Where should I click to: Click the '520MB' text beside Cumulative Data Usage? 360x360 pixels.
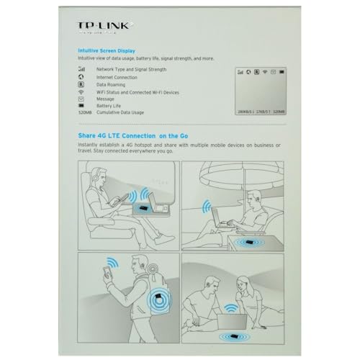click(x=85, y=113)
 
